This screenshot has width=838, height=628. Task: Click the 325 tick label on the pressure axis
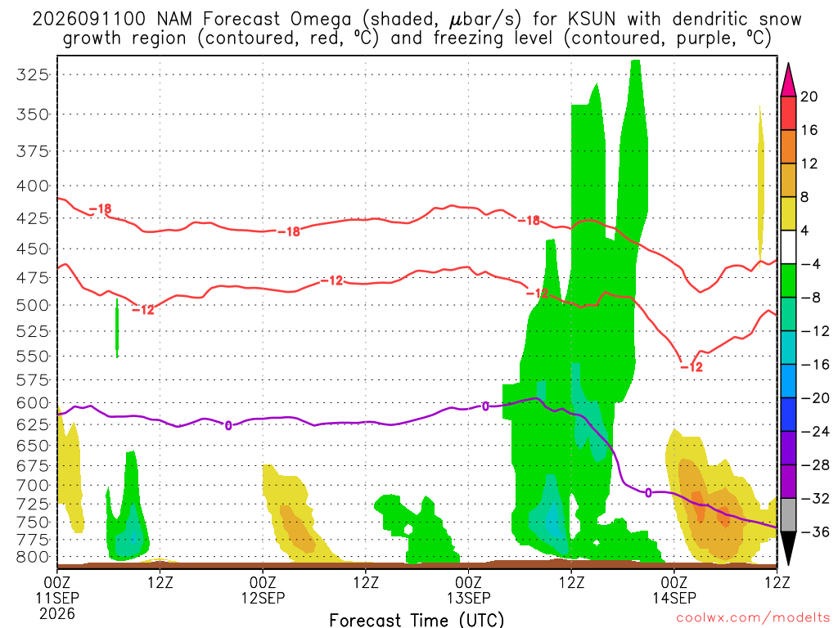(x=32, y=74)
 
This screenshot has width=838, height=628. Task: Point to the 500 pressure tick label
(x=32, y=306)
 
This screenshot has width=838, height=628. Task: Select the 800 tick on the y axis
(x=32, y=557)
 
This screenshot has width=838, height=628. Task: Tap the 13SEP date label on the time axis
(x=468, y=598)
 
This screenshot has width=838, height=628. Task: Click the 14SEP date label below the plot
(x=674, y=598)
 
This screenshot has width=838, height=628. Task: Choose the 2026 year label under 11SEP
(x=57, y=613)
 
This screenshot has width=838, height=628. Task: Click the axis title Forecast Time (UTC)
(x=417, y=620)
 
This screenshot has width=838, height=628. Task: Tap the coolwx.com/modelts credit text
(x=753, y=618)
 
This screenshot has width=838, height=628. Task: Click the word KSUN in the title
(x=592, y=20)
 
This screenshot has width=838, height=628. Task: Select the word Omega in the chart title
(x=321, y=20)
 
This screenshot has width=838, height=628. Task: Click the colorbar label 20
(x=809, y=96)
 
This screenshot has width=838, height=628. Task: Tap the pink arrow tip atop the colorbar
(x=788, y=65)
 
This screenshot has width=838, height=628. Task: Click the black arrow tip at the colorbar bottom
(x=788, y=563)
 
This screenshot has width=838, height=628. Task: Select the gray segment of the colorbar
(x=788, y=515)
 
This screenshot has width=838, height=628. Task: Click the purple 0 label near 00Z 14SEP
(x=648, y=492)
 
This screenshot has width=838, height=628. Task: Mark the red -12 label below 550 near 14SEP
(x=692, y=367)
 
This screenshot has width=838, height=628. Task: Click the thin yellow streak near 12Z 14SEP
(x=760, y=187)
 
